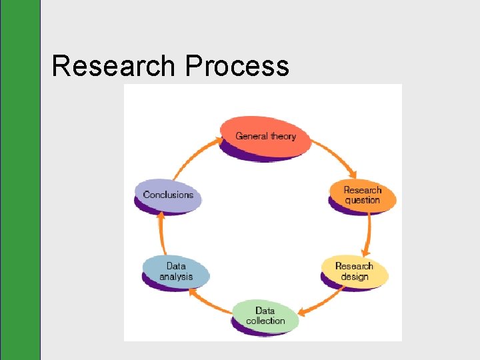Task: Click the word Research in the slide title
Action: pos(114,67)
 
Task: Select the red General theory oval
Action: pos(265,136)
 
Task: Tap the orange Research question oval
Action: pos(363,195)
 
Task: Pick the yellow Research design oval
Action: pos(354,271)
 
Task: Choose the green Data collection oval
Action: pos(265,315)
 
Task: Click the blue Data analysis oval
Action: pos(176,271)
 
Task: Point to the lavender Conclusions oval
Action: pos(168,195)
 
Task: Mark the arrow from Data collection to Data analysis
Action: pos(209,300)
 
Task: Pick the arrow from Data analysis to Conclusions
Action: pos(161,234)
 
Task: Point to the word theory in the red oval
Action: pos(283,136)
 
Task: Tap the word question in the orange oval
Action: pos(363,201)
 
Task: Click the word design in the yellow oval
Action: pos(354,277)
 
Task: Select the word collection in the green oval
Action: pos(265,321)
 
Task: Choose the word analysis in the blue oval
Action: pos(176,277)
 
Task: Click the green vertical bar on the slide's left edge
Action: pos(20,180)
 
